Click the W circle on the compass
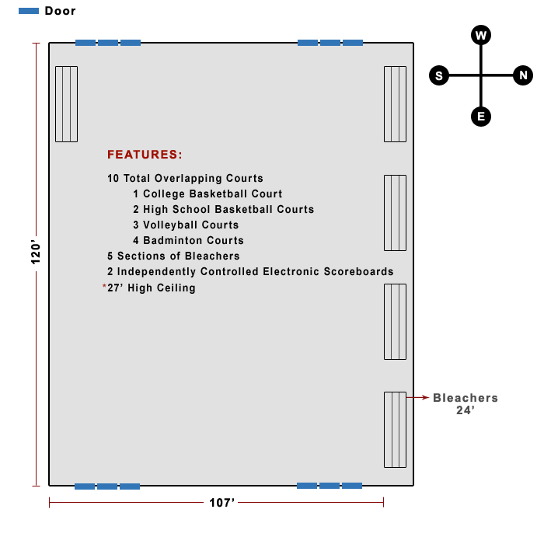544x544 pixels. pyautogui.click(x=481, y=35)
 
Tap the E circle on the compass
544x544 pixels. pyautogui.click(x=481, y=117)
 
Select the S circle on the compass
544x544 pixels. pyautogui.click(x=439, y=75)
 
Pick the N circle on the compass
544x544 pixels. pyautogui.click(x=523, y=75)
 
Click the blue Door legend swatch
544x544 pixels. pyautogui.click(x=29, y=11)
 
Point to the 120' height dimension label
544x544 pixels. pyautogui.click(x=35, y=252)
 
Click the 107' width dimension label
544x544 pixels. pyautogui.click(x=222, y=503)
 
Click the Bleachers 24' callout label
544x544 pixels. pyautogui.click(x=465, y=403)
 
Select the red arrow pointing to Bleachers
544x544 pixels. pyautogui.click(x=420, y=397)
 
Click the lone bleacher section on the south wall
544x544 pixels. pyautogui.click(x=66, y=104)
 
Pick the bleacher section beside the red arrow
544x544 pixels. pyautogui.click(x=395, y=429)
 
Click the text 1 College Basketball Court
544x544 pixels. pyautogui.click(x=207, y=194)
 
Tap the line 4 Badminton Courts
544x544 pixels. pyautogui.click(x=188, y=241)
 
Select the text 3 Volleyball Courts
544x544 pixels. pyautogui.click(x=186, y=225)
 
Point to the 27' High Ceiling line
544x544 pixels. pyautogui.click(x=152, y=288)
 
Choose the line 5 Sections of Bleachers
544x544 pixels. pyautogui.click(x=173, y=256)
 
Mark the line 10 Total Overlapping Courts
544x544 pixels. pyautogui.click(x=185, y=179)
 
